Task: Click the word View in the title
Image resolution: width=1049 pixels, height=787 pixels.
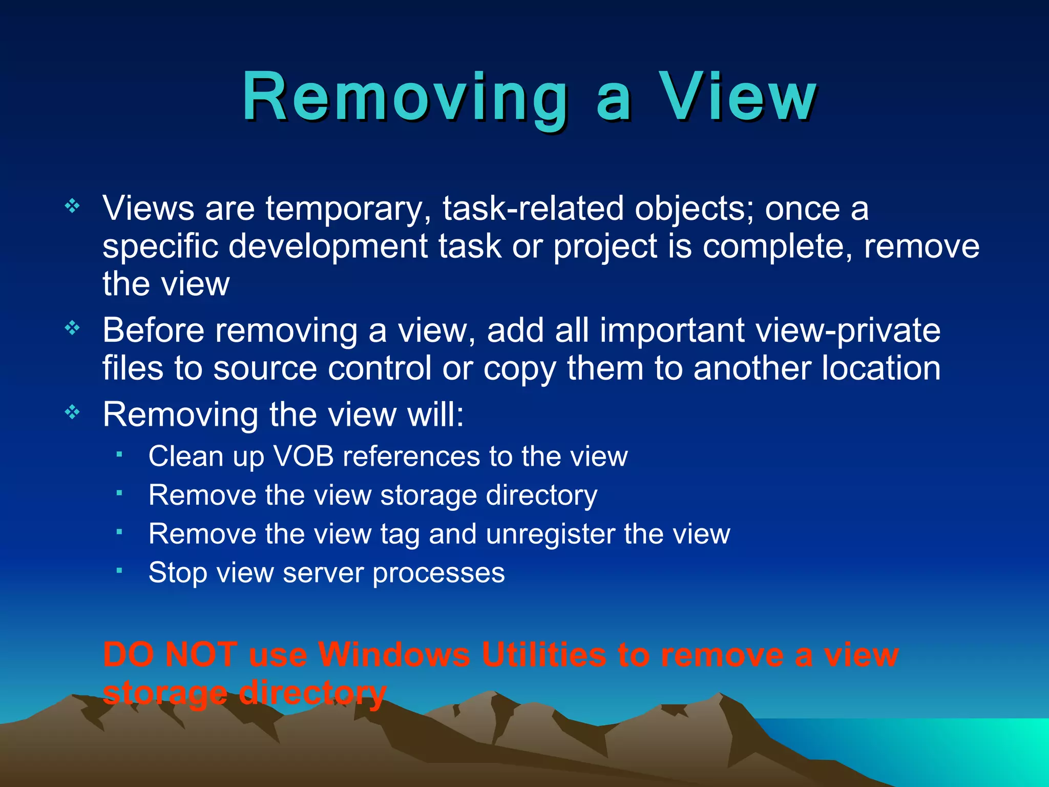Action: click(738, 97)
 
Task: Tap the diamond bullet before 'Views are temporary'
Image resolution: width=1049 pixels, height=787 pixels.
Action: click(72, 206)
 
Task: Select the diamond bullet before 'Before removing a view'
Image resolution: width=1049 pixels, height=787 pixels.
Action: click(72, 328)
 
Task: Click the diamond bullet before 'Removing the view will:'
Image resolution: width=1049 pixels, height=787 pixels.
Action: click(72, 412)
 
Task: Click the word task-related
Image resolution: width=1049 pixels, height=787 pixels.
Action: click(533, 209)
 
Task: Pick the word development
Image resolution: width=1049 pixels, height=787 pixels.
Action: click(328, 247)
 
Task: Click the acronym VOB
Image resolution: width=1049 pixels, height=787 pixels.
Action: click(304, 456)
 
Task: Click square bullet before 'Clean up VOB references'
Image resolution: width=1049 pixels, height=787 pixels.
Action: click(119, 454)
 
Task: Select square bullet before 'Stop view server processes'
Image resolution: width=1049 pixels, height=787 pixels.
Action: click(119, 570)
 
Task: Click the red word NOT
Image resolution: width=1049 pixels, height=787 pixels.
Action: click(201, 654)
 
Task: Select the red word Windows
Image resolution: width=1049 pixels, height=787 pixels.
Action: click(393, 654)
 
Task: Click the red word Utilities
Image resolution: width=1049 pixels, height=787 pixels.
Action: click(543, 654)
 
